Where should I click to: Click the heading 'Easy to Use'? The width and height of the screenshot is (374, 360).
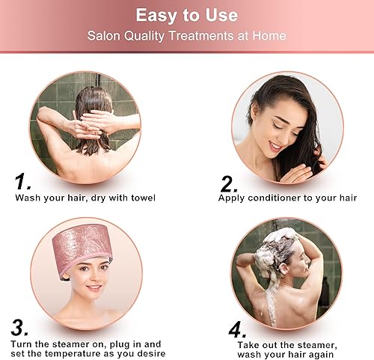(x=187, y=15)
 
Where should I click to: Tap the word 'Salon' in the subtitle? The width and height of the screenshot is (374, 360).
(x=105, y=35)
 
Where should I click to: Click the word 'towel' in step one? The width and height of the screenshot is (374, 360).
(x=141, y=198)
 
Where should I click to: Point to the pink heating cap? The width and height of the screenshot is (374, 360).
(x=83, y=243)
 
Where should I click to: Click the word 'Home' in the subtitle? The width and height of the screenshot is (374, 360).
(x=270, y=35)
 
